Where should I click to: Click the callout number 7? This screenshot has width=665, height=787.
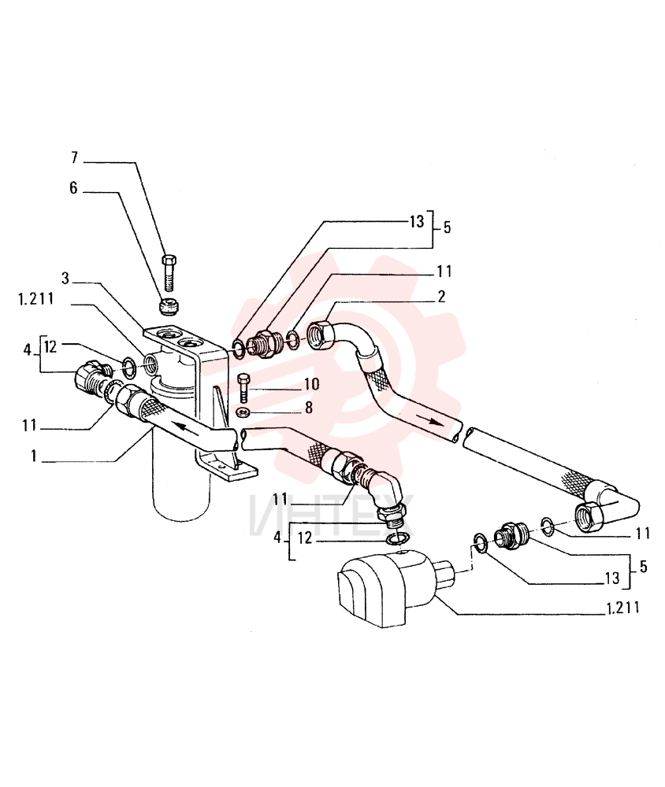[74, 157]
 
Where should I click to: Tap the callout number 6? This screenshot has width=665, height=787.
[74, 188]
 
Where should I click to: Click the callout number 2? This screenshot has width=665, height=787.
[440, 297]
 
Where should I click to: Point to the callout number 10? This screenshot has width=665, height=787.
[312, 384]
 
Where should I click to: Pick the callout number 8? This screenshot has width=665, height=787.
[309, 408]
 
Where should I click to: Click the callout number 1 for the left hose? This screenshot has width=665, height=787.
[34, 456]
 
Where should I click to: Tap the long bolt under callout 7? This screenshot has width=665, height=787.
[169, 273]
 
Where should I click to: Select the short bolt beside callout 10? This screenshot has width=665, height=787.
[243, 386]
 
